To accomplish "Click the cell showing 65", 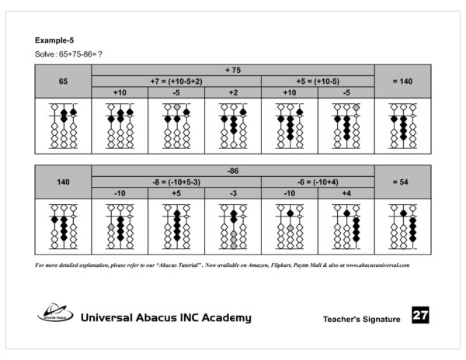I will tap(64, 81).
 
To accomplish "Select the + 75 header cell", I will tap(233, 70).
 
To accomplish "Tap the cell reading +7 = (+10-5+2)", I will tap(176, 81).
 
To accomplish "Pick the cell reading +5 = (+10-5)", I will tap(318, 81).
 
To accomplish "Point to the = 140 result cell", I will tap(402, 81).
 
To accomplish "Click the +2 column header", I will tap(233, 93).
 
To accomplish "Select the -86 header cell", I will tap(233, 170).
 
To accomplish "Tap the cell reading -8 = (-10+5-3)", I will tap(176, 182).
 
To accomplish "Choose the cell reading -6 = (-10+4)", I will tap(318, 182).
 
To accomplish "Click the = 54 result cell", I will tap(402, 182).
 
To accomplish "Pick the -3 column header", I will tap(233, 193).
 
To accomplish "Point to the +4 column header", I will tap(346, 193).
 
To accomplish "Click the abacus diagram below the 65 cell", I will tap(64, 126).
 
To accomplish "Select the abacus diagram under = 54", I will tap(402, 226).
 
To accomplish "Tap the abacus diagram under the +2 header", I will tap(233, 126).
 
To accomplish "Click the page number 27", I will tap(420, 316).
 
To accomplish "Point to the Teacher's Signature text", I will tap(362, 319).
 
